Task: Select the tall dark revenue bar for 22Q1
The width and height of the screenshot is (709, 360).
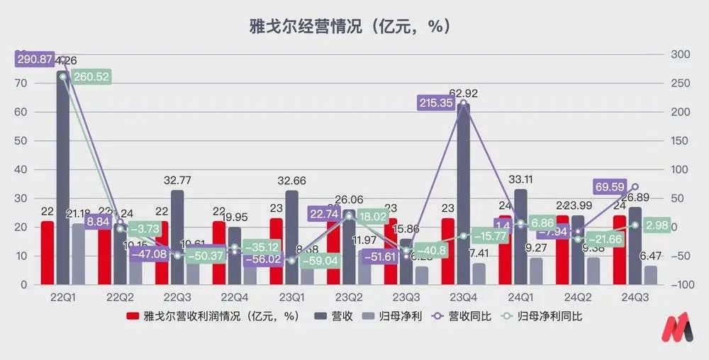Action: (63, 177)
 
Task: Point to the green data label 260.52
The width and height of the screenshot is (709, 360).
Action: (91, 77)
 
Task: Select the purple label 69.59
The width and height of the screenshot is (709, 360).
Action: (608, 186)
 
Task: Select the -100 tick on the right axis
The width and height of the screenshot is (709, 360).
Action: (682, 285)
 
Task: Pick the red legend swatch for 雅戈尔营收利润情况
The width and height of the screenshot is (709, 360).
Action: (132, 316)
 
